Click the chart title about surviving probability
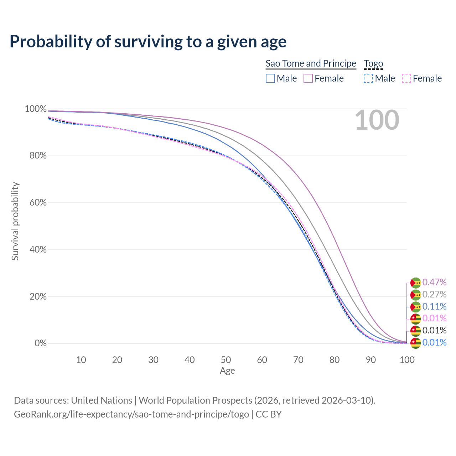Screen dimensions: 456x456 (x=148, y=41)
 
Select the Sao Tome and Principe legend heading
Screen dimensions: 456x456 (x=311, y=63)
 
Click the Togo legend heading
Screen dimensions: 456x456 (x=373, y=63)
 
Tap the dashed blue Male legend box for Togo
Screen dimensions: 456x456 (x=368, y=78)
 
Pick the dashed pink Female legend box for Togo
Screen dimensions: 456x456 (x=406, y=78)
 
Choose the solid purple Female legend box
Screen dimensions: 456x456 (x=308, y=78)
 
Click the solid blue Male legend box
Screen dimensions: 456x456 (x=270, y=78)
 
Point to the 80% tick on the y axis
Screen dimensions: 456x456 (x=36, y=156)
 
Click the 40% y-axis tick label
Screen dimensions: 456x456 (x=36, y=249)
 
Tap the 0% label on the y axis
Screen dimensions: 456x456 (x=40, y=343)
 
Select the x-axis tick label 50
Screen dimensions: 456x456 (x=226, y=360)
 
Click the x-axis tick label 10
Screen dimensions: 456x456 (x=81, y=360)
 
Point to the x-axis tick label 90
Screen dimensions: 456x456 (x=371, y=360)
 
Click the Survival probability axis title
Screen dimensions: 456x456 (x=15, y=221)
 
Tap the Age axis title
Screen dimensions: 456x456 (x=227, y=371)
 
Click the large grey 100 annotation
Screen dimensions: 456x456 (x=377, y=120)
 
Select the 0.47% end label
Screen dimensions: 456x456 (x=434, y=282)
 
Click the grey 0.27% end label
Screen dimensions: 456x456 (x=434, y=294)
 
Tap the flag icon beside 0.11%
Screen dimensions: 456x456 (x=416, y=307)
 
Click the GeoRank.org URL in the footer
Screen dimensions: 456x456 (x=131, y=414)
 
